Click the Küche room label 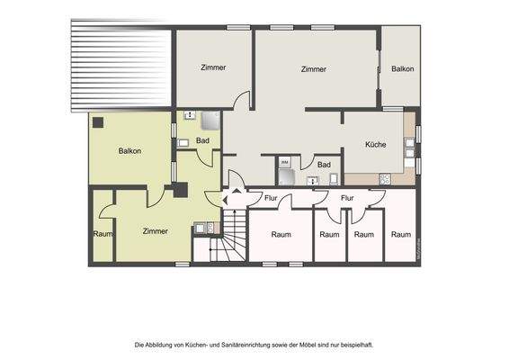click(376, 144)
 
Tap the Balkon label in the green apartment click(129, 150)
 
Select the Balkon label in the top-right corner click(403, 68)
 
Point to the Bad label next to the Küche click(324, 164)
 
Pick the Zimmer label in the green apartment click(155, 231)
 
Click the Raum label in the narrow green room click(102, 234)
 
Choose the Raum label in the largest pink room click(281, 234)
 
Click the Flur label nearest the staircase click(271, 198)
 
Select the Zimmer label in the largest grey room click(313, 69)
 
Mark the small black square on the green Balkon click(97, 122)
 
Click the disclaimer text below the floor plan click(254, 345)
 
